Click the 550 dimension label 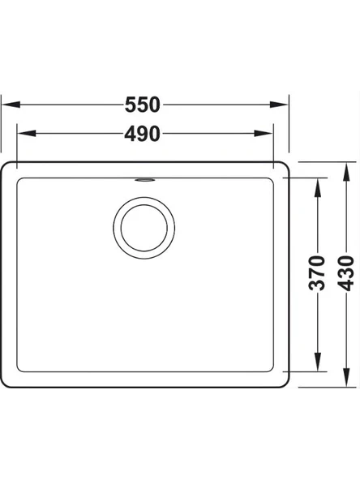pos(143,105)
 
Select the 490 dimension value pos(143,134)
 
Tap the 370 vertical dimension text pos(317,272)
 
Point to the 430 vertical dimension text pos(346,272)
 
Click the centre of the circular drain pos(144,228)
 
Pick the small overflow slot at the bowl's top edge pos(144,180)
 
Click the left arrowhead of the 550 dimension pos(11,105)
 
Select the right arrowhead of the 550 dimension pos(279,105)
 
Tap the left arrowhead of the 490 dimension pos(27,134)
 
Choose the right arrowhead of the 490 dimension pos(264,134)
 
